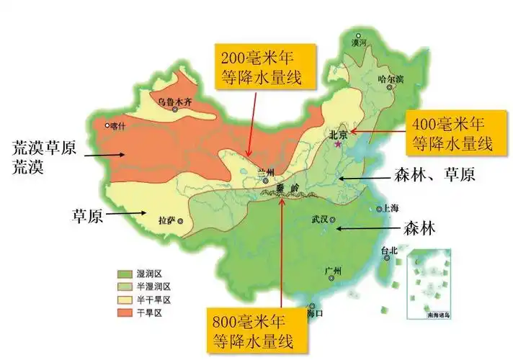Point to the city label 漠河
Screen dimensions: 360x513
(x=359, y=43)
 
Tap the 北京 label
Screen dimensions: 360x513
(x=338, y=135)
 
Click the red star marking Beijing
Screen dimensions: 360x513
(x=339, y=144)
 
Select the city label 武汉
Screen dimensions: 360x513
(x=318, y=219)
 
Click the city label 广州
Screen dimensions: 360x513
(x=332, y=271)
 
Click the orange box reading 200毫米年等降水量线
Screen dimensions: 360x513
(x=256, y=65)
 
